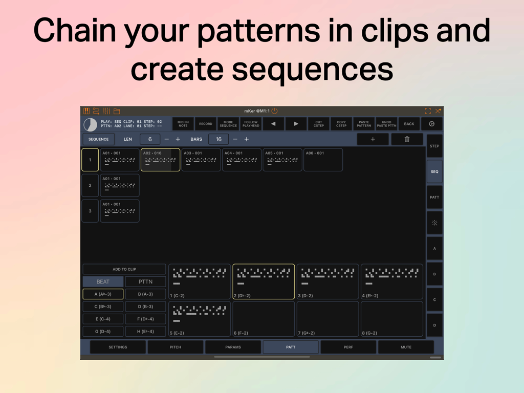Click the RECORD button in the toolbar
(205, 124)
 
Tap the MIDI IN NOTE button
(183, 124)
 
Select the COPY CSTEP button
(341, 124)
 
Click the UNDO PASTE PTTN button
(386, 124)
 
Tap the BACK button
(409, 124)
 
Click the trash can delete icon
(407, 139)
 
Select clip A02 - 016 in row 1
(160, 160)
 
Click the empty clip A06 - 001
(323, 160)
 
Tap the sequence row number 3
(90, 211)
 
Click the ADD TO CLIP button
(124, 269)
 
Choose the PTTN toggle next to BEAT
(145, 281)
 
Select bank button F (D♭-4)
(145, 319)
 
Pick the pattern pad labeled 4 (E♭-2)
(392, 281)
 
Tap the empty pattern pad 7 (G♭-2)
(327, 319)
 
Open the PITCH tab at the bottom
(176, 347)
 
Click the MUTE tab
(406, 347)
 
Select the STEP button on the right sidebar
(434, 146)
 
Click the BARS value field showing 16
(219, 139)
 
